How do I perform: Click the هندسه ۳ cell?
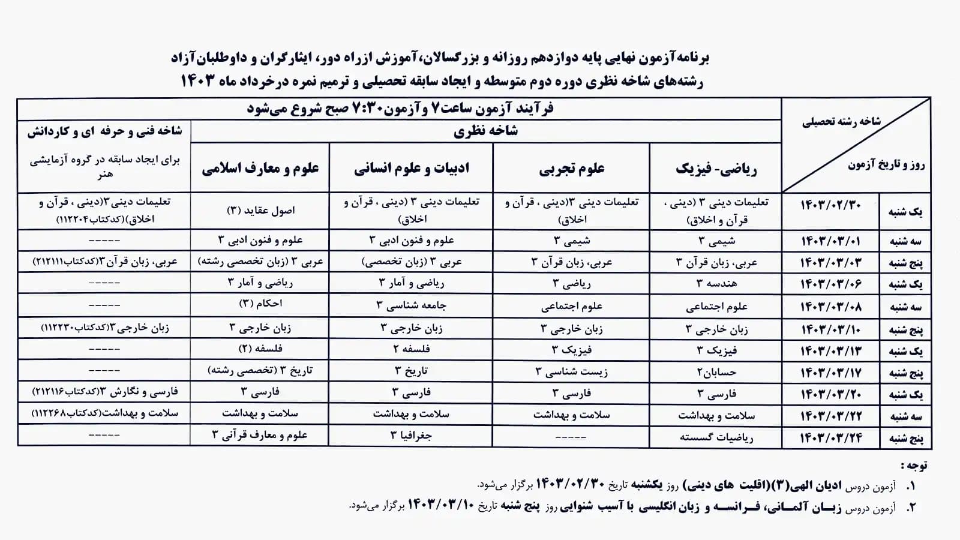716,283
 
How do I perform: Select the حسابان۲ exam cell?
716,372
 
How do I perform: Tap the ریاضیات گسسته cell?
716,437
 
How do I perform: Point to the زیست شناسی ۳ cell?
571,372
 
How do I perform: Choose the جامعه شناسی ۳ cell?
412,305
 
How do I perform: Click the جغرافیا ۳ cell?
412,436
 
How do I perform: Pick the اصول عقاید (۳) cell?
260,211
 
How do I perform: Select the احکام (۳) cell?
260,304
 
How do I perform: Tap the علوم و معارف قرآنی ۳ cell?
260,436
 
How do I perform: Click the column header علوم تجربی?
571,169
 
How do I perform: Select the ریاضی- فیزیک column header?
716,169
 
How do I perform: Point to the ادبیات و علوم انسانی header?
412,168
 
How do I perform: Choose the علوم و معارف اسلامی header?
260,168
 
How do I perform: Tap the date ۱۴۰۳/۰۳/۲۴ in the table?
831,438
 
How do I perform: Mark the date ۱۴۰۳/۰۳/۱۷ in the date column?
831,373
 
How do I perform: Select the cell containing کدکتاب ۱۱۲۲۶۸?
104,413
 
